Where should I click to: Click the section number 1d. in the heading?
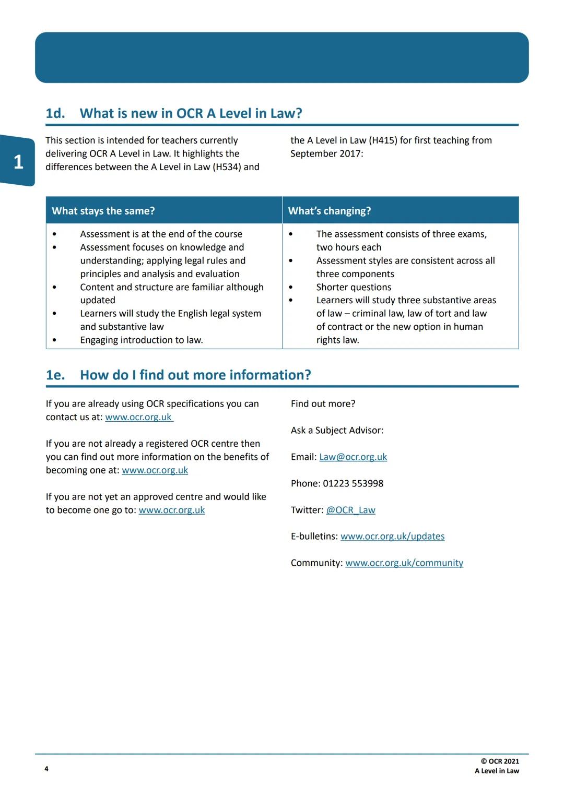55,113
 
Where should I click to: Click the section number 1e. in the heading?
55,375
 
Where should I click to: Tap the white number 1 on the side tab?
18,162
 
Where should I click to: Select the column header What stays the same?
103,211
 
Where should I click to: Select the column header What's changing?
330,211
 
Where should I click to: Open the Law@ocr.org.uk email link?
353,457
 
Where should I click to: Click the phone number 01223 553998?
353,483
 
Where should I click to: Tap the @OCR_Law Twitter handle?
350,510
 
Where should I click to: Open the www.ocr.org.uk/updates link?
392,536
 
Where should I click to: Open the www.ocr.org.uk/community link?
404,563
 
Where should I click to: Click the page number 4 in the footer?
46,768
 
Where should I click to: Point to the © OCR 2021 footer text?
500,761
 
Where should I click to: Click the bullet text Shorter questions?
354,287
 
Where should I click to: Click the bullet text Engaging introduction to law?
142,340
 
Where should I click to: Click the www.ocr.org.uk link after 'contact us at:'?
139,417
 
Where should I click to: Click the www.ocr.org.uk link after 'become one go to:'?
172,510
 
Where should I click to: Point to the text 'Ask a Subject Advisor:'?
337,430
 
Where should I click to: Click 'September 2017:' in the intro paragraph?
326,153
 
